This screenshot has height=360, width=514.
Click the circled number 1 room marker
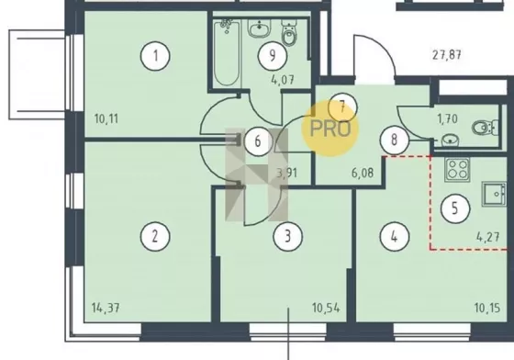coord(155,56)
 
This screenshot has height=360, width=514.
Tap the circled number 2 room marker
coord(155,236)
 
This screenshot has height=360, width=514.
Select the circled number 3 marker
coord(288,236)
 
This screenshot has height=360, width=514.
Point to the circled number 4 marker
coord(395,236)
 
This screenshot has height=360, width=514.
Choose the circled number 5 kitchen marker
coord(455,208)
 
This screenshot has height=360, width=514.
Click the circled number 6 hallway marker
coord(258,141)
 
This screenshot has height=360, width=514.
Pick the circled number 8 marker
coord(395,141)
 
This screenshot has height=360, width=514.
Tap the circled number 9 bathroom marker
coord(273,56)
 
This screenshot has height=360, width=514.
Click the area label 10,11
coord(106,118)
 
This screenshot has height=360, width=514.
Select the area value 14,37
coord(106,309)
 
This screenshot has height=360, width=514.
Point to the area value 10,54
coord(326,309)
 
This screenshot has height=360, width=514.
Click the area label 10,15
coord(487,309)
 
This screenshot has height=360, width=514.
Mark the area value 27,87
coord(447,55)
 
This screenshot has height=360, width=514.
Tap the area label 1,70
coord(448,118)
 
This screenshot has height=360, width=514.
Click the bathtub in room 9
coord(227,52)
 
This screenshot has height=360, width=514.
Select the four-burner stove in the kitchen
coord(457,170)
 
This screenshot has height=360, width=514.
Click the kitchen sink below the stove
coord(495,194)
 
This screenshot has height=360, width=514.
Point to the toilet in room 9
coord(289,34)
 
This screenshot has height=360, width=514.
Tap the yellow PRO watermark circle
coord(330,129)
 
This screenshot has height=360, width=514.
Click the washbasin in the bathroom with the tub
coord(260,28)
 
